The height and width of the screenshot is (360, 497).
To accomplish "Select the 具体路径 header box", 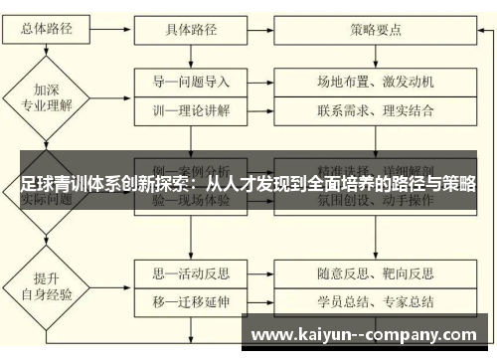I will click(191, 29).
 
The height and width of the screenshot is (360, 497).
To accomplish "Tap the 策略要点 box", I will click(375, 29).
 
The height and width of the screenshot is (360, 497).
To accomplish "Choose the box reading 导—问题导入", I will click(191, 82).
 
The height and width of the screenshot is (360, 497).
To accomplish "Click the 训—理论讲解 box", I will click(191, 109).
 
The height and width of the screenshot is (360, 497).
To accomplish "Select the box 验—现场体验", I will click(191, 200).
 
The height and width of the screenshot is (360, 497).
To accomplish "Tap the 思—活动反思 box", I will click(191, 270).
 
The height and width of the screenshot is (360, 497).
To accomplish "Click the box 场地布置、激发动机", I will click(375, 82).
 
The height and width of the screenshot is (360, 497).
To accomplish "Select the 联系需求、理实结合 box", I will click(375, 109).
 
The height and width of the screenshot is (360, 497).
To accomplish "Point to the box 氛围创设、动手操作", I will click(375, 200).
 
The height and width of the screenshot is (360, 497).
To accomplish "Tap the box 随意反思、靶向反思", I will click(375, 270).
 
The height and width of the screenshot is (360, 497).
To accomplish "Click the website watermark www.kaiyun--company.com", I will click(367, 333).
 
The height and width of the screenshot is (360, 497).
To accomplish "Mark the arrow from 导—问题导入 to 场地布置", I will click(261, 82).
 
